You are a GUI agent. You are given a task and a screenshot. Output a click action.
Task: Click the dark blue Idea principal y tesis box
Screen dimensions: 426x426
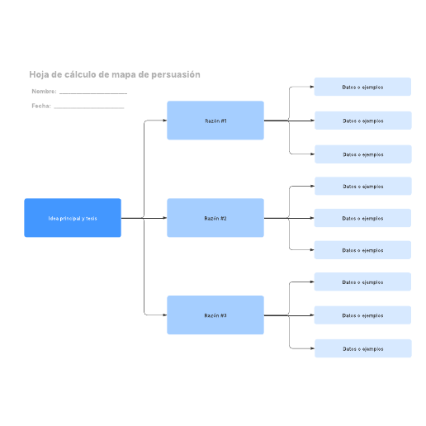coord(73,218)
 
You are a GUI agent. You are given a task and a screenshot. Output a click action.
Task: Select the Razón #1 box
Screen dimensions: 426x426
coord(215,121)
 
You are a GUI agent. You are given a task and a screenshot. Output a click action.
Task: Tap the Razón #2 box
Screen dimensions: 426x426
coord(215,218)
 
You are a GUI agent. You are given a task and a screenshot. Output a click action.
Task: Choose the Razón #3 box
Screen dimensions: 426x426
coord(215,315)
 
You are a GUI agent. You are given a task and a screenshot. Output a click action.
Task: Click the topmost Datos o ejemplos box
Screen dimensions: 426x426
coord(362,87)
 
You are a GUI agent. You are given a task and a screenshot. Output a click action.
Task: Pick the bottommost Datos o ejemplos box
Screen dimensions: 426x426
coord(363,348)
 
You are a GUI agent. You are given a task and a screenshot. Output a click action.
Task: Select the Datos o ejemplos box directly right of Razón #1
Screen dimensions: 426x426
coord(363,121)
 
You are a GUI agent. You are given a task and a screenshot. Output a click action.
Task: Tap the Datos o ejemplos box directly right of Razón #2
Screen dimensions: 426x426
coord(362,218)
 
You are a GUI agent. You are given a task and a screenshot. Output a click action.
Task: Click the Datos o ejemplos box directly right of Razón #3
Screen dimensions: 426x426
coord(362,315)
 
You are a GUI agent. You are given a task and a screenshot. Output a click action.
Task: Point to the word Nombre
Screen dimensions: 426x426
coord(44,92)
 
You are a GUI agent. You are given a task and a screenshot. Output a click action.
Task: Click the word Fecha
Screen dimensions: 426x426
coord(41,106)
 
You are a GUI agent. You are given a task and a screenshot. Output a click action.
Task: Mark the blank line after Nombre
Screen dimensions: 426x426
coord(93,94)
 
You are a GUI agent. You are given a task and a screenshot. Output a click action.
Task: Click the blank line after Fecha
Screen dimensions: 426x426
coord(89,108)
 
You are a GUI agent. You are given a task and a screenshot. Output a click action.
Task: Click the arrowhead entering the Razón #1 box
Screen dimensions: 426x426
coord(165,121)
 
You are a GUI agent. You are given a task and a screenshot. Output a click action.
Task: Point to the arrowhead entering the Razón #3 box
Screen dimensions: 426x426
coord(165,315)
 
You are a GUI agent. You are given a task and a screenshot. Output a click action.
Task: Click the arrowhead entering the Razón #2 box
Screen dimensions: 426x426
coord(165,218)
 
